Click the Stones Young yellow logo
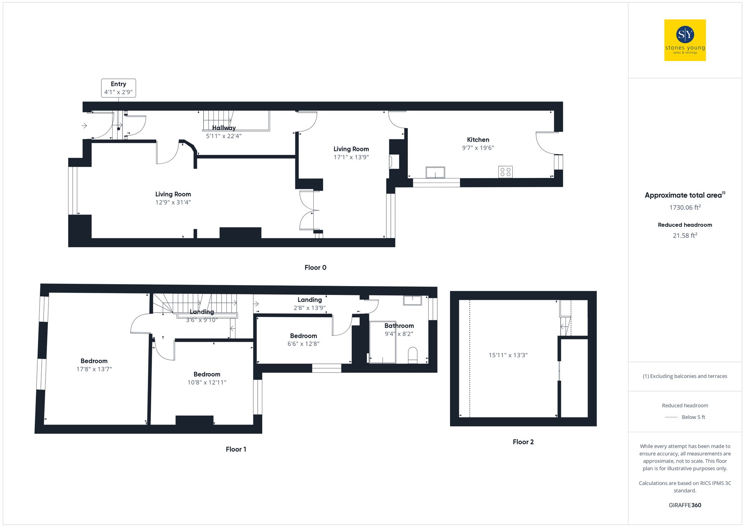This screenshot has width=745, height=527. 685,40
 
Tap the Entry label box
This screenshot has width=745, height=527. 118,88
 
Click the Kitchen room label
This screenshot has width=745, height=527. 478,140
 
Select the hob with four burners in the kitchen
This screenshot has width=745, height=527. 505,172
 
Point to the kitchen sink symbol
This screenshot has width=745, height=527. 435,172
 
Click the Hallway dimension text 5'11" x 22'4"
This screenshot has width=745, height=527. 223,136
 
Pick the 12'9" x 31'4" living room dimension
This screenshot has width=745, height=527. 173,203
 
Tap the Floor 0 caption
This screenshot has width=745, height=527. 315,267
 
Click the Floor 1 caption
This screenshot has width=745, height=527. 236,449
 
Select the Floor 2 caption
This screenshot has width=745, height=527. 523,442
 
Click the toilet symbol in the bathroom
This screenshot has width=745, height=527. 413,355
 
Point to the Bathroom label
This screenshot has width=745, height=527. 399,326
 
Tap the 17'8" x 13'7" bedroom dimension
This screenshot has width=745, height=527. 94,369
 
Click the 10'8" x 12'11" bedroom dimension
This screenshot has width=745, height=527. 207,382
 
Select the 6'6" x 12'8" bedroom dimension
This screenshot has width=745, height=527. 303,344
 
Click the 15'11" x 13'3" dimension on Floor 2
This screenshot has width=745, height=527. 508,355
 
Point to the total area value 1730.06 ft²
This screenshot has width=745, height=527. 685,207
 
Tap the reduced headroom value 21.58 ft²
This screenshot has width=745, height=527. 685,235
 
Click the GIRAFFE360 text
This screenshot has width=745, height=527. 685,505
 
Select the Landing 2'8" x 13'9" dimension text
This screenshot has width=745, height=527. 309,308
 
